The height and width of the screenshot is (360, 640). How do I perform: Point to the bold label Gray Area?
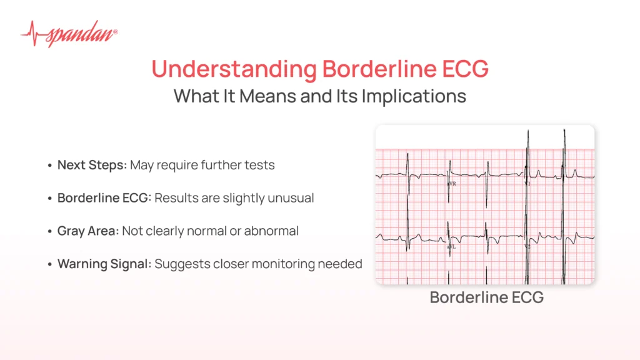[x=87, y=231]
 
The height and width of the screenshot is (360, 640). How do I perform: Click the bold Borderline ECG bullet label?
[x=104, y=198]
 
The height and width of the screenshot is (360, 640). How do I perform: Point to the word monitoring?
[x=291, y=264]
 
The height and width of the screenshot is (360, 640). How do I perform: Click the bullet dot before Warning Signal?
[x=49, y=264]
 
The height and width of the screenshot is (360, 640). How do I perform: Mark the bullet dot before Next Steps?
[x=49, y=166]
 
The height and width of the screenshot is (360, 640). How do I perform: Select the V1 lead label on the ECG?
[x=527, y=184]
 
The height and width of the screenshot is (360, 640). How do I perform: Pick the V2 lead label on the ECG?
[x=527, y=247]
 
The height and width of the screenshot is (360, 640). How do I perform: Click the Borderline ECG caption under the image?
[x=486, y=297]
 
